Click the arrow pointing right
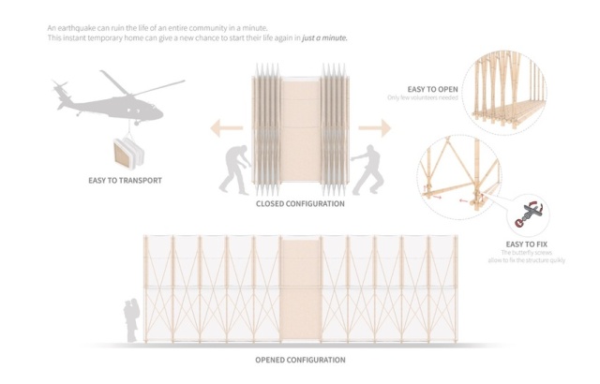pyautogui.click(x=376, y=126)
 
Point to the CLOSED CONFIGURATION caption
pyautogui.click(x=300, y=203)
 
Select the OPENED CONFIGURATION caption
pyautogui.click(x=300, y=360)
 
